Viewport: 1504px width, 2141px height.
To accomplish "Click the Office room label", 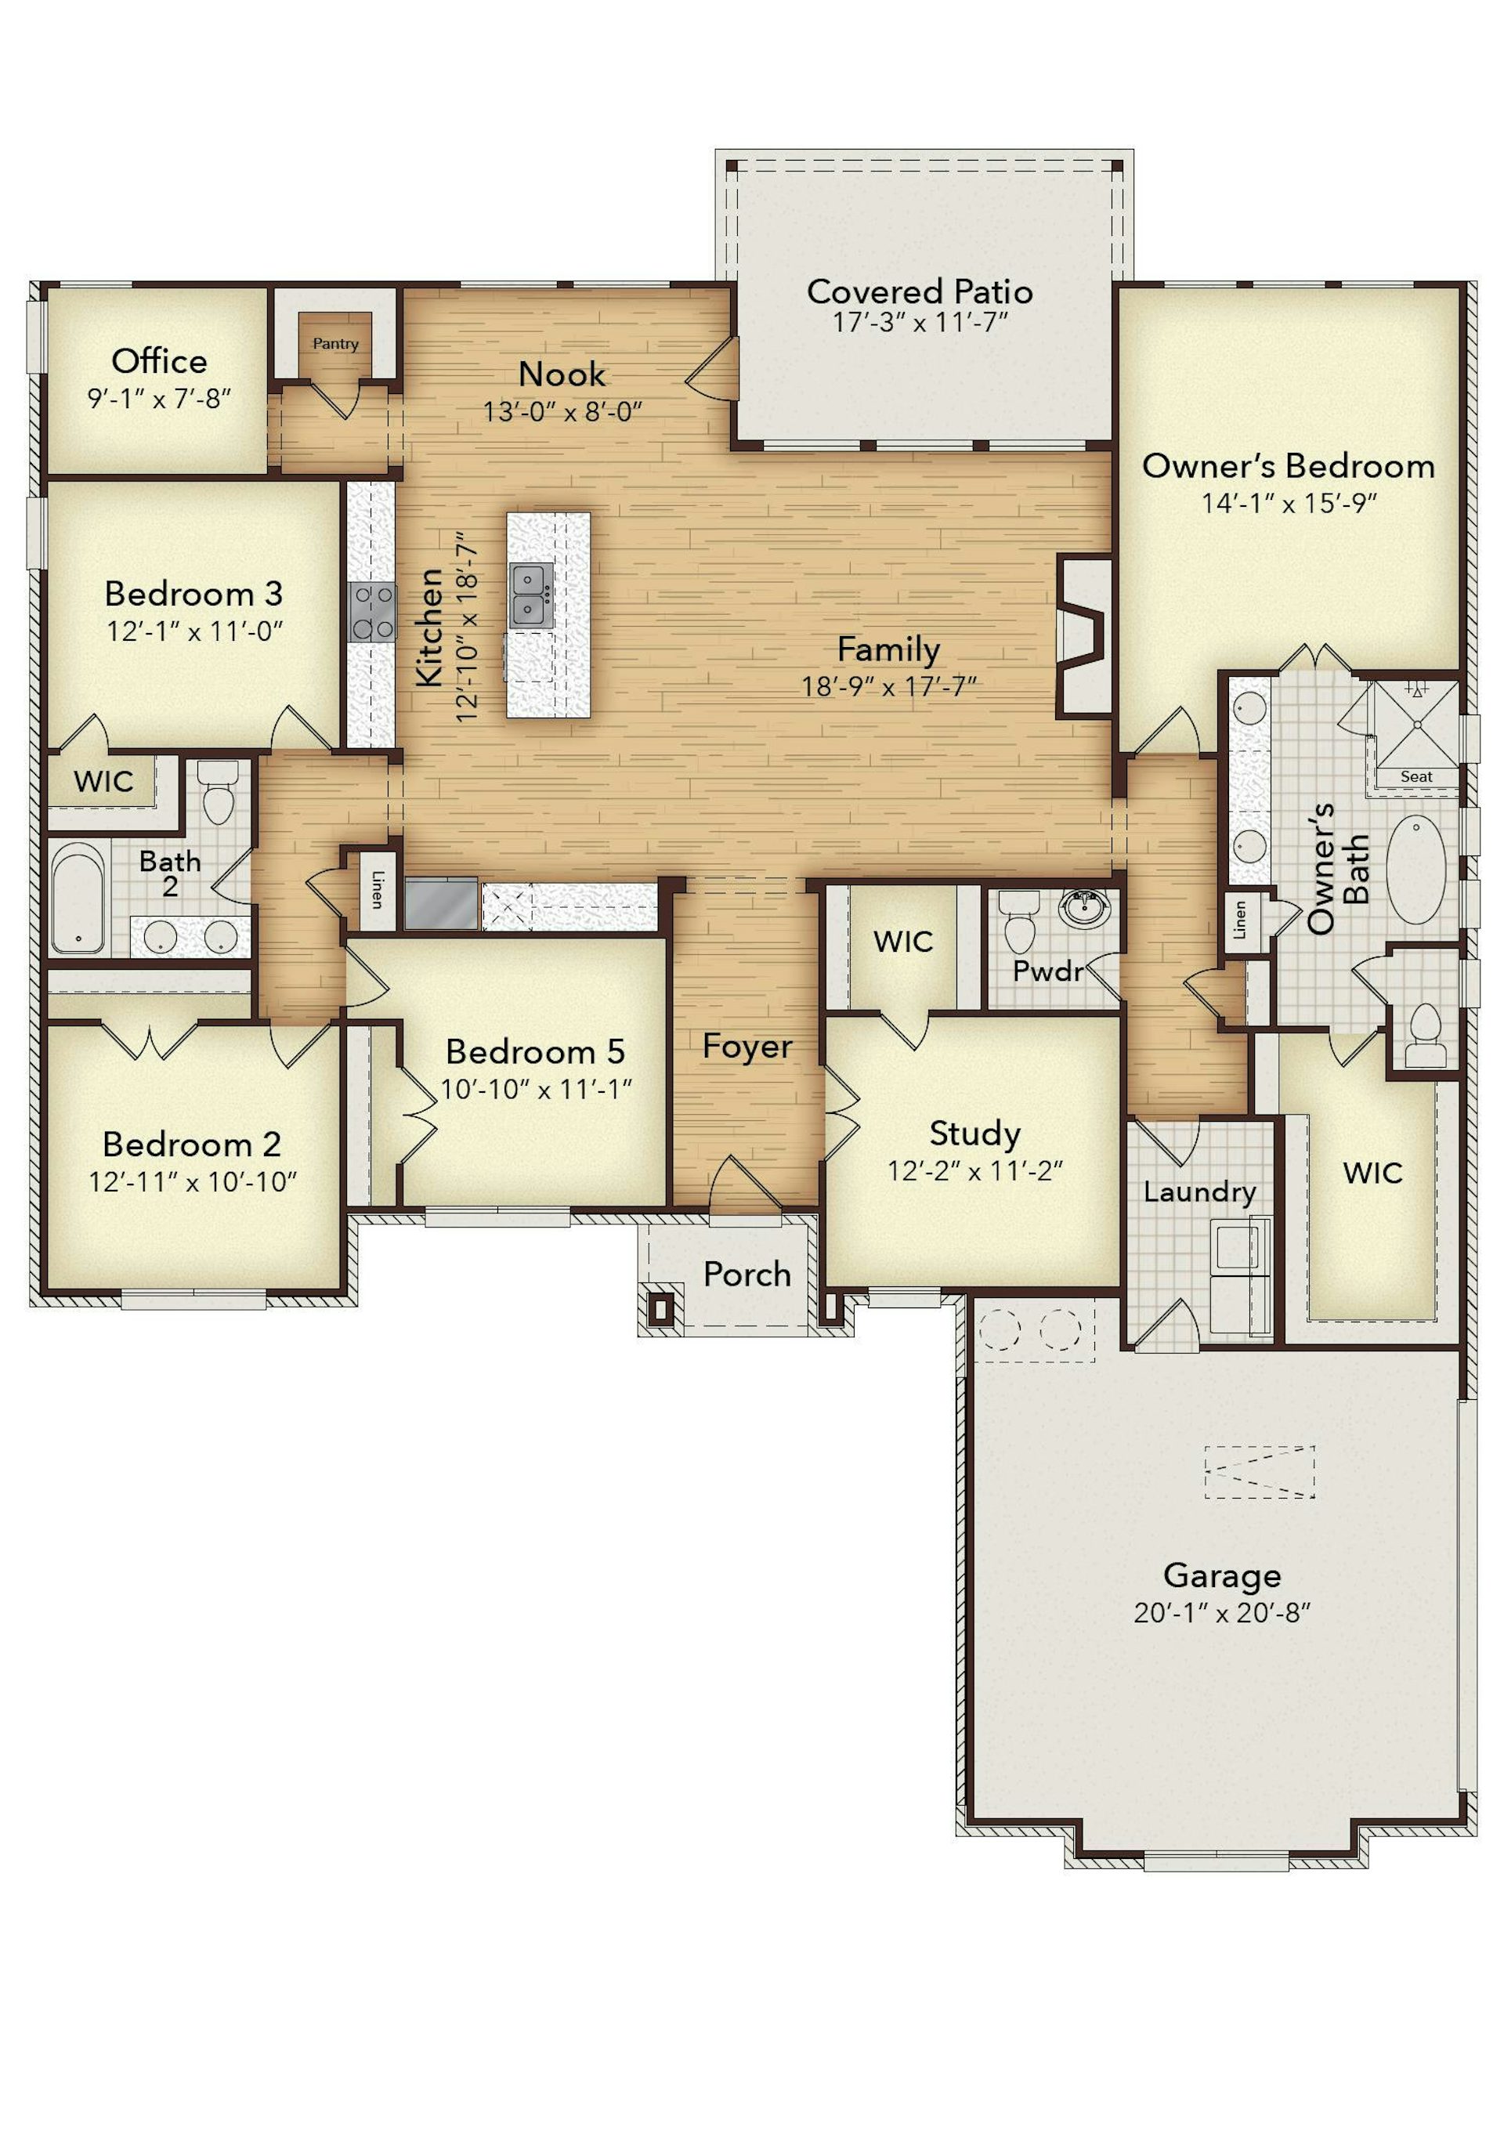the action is tap(160, 361).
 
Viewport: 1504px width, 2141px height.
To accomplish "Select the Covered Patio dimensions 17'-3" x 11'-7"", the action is tap(920, 323).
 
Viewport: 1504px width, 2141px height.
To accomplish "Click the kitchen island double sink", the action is tap(531, 595).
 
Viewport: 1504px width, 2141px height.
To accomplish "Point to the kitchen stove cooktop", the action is tap(372, 612).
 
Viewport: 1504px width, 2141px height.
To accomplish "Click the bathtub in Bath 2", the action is tap(78, 898).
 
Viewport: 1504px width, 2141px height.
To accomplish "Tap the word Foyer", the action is tap(747, 1047).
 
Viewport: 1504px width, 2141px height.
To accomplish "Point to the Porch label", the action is tap(747, 1274).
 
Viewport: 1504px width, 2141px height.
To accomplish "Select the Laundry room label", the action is tap(1200, 1192).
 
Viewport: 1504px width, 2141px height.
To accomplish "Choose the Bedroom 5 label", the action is tap(535, 1052).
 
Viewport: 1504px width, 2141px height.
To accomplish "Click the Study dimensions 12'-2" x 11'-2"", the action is tap(975, 1170).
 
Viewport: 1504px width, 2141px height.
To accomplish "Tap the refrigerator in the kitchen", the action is tap(441, 903).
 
